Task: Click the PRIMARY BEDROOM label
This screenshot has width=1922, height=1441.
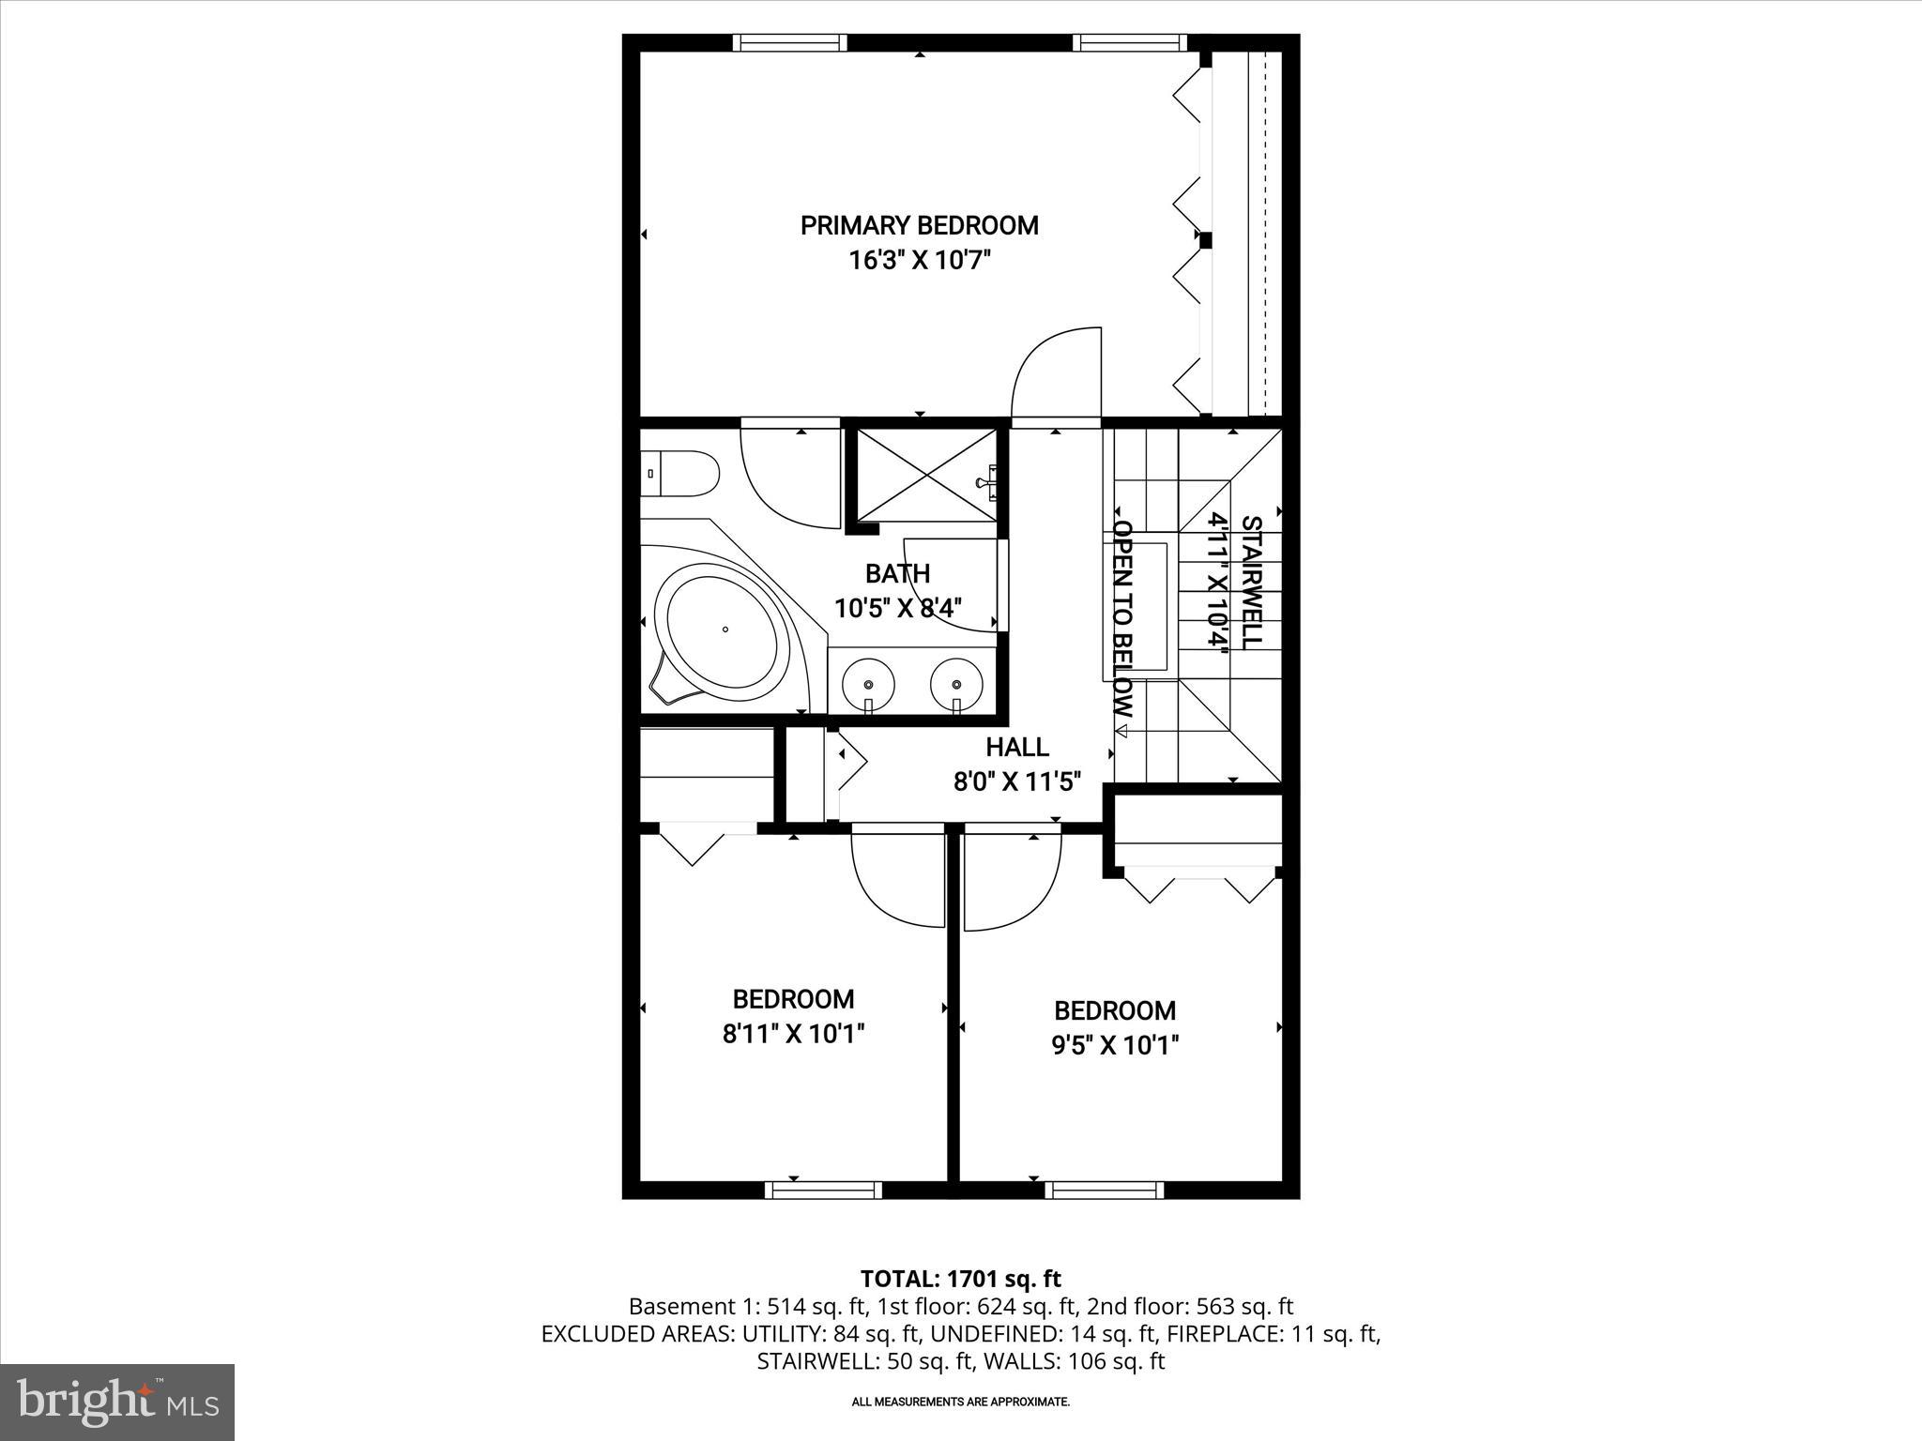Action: pos(919,225)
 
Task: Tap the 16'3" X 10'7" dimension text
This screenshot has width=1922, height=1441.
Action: pos(919,260)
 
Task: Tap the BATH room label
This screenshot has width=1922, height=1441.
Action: pos(897,573)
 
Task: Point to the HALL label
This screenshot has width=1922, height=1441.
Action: pos(1017,748)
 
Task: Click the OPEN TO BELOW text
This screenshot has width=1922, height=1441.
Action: pos(1123,619)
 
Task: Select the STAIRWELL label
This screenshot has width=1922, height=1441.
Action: pos(1251,582)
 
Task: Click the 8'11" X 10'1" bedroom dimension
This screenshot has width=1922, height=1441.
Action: pos(793,1034)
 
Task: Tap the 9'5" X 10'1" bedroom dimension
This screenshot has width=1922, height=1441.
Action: pos(1114,1045)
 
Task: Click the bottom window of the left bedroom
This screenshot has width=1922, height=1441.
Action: pos(823,1190)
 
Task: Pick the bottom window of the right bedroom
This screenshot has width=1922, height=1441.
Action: pos(1104,1190)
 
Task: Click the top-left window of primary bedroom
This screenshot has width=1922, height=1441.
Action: pos(789,42)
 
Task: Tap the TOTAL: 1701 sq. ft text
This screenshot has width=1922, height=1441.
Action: pos(960,1279)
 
